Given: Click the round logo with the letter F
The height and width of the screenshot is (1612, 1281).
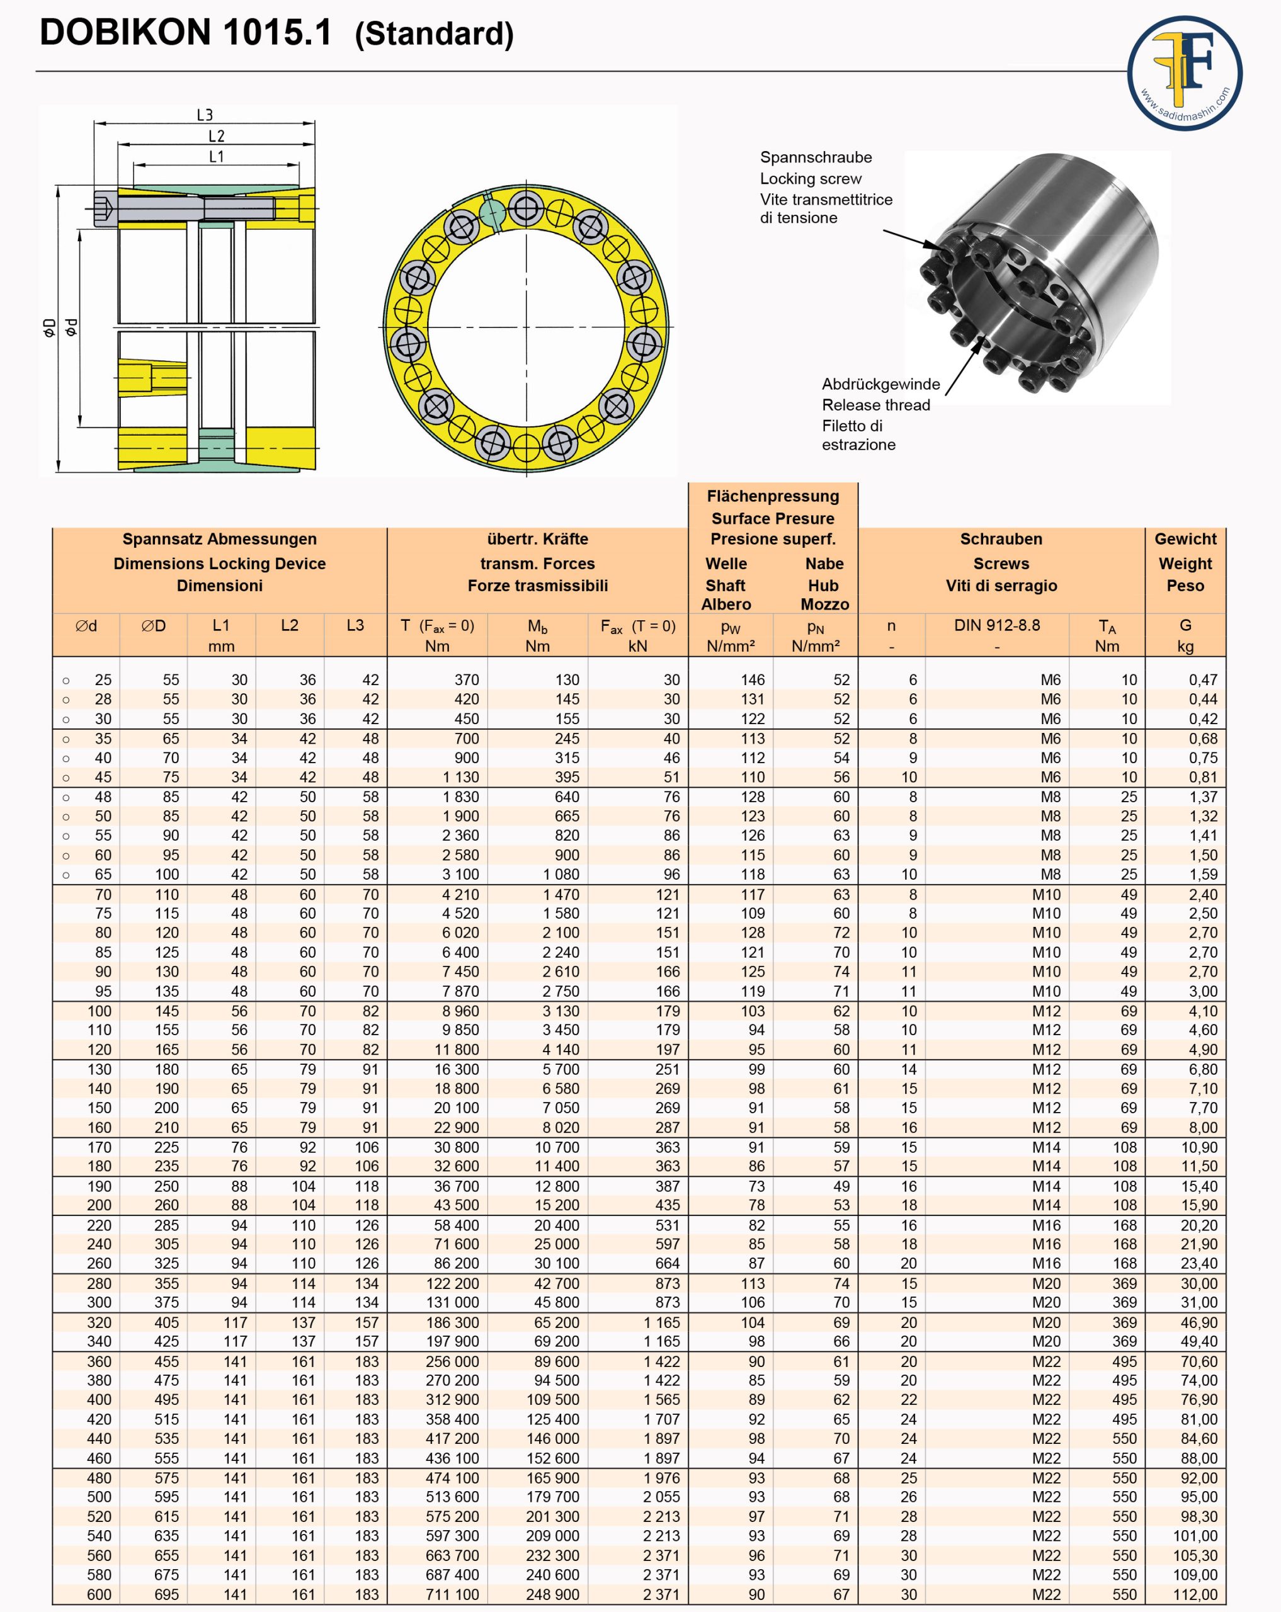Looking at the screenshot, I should pos(1185,73).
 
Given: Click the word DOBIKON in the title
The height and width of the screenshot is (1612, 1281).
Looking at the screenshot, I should pos(125,33).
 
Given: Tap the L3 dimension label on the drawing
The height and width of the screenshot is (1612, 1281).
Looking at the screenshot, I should pos(205,115).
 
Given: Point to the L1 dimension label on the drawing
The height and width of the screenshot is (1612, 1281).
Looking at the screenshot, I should pos(216,157).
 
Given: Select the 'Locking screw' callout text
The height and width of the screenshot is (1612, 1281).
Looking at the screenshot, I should pos(811,179).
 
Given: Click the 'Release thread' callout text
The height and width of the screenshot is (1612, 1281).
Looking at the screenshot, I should pos(875,406).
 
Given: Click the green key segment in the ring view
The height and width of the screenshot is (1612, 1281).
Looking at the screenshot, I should pos(492,212).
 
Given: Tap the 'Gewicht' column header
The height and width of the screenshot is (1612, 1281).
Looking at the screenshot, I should pos(1185,539).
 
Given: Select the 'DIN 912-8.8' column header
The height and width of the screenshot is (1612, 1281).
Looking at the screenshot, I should pos(997,625).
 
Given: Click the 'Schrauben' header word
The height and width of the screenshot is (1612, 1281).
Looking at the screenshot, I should pos(1001,539).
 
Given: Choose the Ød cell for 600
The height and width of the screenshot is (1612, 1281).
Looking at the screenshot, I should pos(99,1594).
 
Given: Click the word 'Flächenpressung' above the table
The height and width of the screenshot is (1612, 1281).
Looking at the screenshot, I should pos(773,496).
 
